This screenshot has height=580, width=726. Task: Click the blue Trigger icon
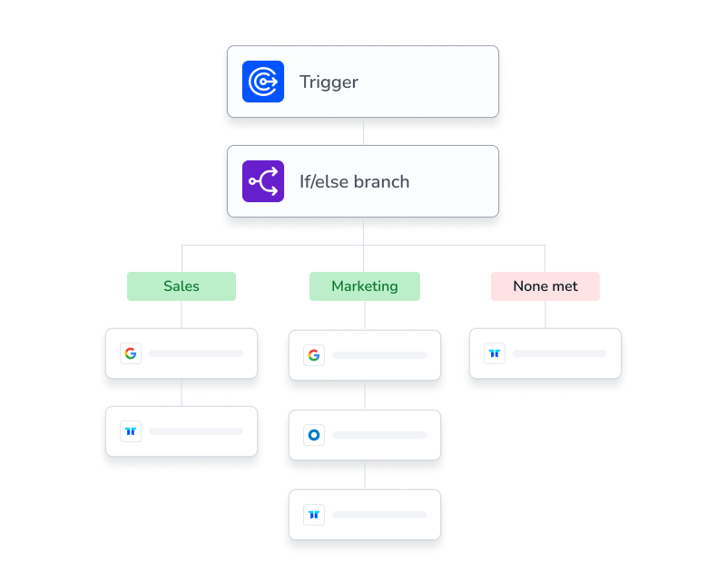263,82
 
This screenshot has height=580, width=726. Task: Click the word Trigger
329,82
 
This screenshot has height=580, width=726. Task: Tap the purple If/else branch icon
263,181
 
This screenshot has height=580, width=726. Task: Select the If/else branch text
354,181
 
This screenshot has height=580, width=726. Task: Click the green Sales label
181,286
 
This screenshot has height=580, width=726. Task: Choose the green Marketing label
365,286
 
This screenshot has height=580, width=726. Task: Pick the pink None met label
545,286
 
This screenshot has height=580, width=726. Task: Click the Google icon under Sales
131,353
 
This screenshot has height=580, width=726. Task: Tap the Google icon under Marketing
314,355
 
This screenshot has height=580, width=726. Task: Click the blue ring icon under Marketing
314,435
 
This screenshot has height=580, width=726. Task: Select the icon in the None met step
495,353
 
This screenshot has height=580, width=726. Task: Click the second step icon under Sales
131,431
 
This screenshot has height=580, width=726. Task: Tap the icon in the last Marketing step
314,515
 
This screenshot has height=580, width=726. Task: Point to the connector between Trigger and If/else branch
364,131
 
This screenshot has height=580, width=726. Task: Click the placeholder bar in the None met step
560,353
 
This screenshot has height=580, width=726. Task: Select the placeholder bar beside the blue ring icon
379,435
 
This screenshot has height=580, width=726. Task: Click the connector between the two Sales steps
181,392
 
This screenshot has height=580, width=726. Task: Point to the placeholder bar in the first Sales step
196,353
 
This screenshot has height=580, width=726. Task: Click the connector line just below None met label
545,314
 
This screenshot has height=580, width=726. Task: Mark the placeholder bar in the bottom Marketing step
379,515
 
